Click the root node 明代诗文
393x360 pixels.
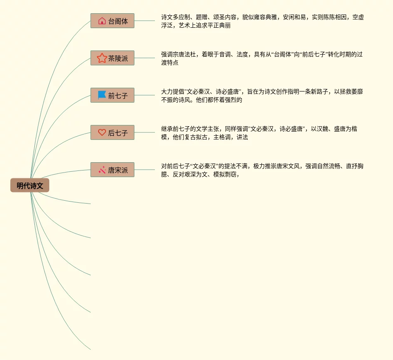click(x=30, y=186)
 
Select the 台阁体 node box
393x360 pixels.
click(x=112, y=21)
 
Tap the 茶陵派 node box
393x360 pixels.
click(x=112, y=58)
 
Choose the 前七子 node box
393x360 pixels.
click(x=112, y=95)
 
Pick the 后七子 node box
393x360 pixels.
click(x=112, y=132)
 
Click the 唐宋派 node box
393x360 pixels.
click(x=112, y=170)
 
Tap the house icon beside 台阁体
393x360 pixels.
click(x=102, y=21)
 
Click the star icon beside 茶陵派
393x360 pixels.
click(x=102, y=58)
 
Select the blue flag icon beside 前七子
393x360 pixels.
click(x=102, y=95)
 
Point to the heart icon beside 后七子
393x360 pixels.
click(x=102, y=132)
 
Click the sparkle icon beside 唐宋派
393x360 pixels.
click(x=102, y=170)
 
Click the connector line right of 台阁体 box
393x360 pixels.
click(x=145, y=21)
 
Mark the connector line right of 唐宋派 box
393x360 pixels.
click(x=145, y=170)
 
